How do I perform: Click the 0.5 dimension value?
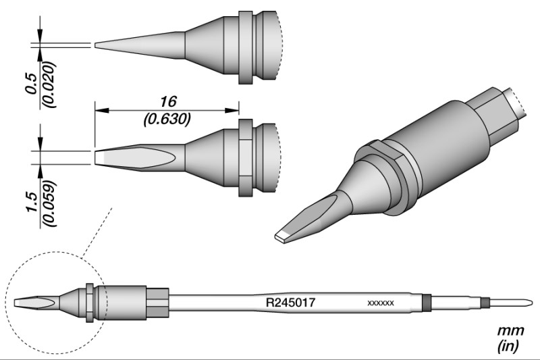point(30,83)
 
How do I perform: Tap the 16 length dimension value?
point(168,101)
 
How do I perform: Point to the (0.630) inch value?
point(167,119)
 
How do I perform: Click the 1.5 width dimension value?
point(31,202)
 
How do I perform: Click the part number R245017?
point(290,303)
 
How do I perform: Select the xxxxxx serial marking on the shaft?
point(381,303)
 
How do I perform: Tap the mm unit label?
point(510,330)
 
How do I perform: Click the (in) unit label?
point(508,345)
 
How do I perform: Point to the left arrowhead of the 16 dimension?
point(102,111)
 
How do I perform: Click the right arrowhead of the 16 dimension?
point(232,111)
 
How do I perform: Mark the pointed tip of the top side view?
point(95,45)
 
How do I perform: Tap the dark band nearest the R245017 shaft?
point(427,303)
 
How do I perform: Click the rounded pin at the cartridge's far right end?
point(510,303)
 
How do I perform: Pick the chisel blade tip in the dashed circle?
point(16,303)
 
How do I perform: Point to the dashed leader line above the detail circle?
point(97,232)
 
